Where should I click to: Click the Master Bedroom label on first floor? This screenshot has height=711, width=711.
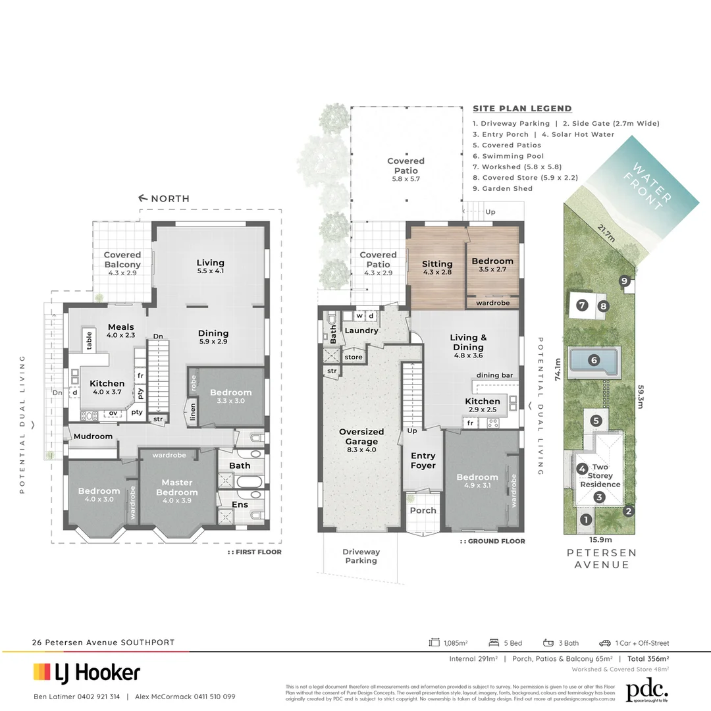pos(176,487)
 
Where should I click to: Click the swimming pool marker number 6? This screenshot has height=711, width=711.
pos(594,360)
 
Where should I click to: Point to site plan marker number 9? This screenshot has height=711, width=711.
pos(624,281)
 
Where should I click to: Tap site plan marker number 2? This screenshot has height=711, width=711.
pos(629,510)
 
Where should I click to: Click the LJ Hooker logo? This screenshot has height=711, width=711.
pos(87,672)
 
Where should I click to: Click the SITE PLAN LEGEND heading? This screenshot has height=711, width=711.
pos(522,109)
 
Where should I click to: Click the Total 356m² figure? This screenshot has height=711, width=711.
pos(648,658)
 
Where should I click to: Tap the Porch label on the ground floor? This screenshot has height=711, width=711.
pos(423,510)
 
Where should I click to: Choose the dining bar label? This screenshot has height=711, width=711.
pos(494,375)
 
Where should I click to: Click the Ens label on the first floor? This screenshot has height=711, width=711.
pos(240,505)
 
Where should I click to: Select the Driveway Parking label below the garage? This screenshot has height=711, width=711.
pos(361,556)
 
